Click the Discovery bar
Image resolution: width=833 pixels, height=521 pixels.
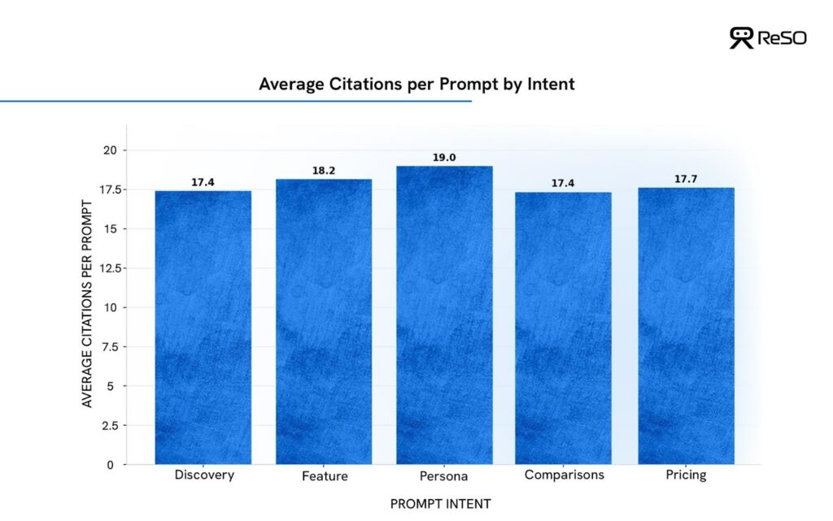pos(203,328)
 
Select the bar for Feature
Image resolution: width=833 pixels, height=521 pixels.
pos(324,322)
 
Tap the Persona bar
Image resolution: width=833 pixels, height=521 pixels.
pos(444,315)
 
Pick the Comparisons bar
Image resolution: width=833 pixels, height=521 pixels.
pos(563,328)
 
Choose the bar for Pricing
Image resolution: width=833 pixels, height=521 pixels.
pos(686,326)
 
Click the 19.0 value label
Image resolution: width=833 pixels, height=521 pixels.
pos(444,158)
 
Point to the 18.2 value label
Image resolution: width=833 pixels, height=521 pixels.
pos(324,171)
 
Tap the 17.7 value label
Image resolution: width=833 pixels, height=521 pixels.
pos(686,180)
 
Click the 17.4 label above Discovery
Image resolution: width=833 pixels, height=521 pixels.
pos(203,183)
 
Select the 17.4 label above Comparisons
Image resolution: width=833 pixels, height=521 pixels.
pos(563,184)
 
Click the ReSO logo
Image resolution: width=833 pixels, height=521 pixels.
pos(768,37)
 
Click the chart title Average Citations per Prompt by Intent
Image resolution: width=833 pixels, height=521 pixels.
pos(416,84)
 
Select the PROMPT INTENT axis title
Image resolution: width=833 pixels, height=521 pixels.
pos(440,504)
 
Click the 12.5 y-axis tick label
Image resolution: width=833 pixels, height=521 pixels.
pos(107,268)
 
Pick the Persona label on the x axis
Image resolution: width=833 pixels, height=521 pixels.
pos(444,476)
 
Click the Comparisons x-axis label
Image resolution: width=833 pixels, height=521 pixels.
pos(564,475)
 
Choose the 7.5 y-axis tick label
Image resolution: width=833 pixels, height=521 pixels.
pos(109,347)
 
